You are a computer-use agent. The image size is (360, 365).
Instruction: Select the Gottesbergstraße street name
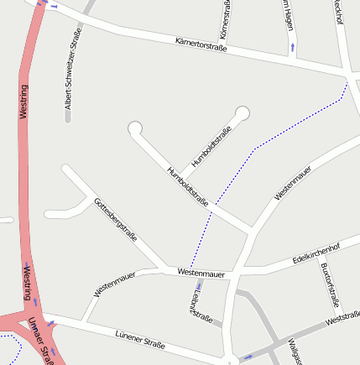click(115, 220)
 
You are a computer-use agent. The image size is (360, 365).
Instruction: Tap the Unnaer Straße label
click(39, 339)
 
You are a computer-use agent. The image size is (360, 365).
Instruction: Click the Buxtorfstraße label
click(329, 284)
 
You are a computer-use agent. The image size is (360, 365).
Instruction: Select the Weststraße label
click(342, 319)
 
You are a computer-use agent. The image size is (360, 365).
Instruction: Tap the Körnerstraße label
click(225, 18)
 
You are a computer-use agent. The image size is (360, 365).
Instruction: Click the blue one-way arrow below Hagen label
click(292, 47)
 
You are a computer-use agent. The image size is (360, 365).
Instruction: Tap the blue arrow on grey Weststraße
click(248, 357)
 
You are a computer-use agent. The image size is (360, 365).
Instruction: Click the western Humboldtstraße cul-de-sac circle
click(135, 128)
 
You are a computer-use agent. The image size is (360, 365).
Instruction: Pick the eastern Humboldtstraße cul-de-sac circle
click(243, 112)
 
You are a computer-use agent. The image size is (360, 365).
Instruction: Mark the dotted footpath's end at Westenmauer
click(190, 269)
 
